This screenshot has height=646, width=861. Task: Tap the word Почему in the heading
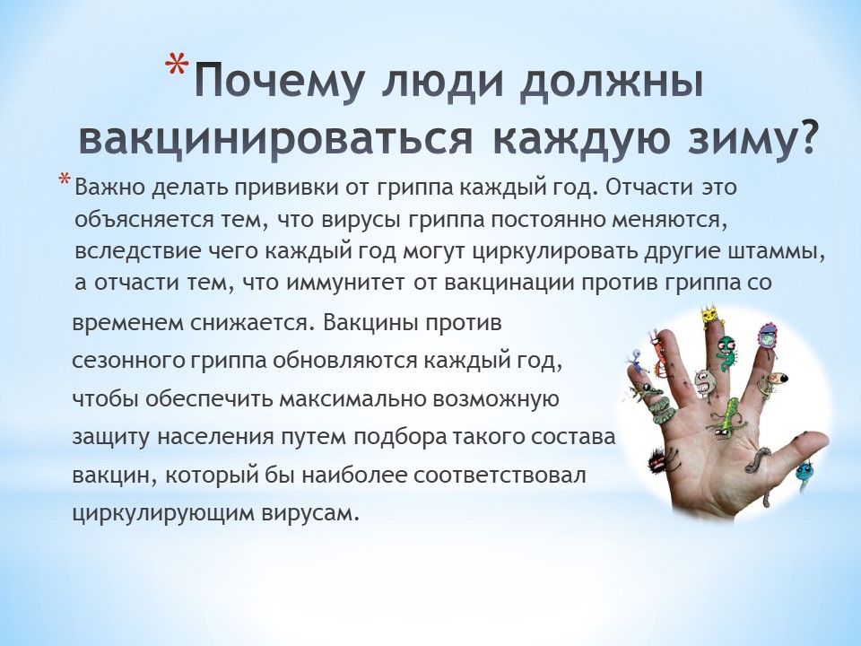[280, 83]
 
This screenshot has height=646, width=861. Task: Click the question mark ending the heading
[806, 134]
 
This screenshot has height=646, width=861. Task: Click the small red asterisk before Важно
[65, 180]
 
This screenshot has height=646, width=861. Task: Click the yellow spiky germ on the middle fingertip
[710, 318]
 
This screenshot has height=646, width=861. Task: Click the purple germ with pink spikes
[767, 337]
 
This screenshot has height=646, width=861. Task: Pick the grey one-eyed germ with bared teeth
[703, 383]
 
